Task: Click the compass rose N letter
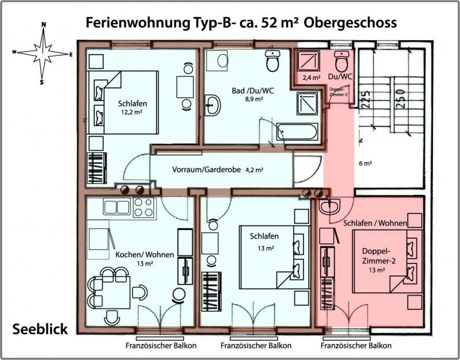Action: coord(44,25)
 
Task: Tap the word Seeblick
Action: coord(40,329)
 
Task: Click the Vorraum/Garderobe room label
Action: coord(206,170)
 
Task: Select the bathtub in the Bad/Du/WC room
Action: coord(297,132)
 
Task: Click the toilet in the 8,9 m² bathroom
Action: coord(273,61)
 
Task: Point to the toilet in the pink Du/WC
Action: coord(342,62)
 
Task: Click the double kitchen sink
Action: coord(117,207)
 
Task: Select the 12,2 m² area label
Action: coord(132,112)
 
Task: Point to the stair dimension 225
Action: coord(366,99)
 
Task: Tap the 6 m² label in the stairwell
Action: coord(366,163)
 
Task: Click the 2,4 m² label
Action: coord(311,78)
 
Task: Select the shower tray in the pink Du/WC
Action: coord(308,60)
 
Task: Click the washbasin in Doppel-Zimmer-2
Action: coord(329,206)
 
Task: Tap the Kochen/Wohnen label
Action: coord(145,255)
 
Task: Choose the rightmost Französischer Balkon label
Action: coord(356,346)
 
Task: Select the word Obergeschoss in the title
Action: coord(350,23)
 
